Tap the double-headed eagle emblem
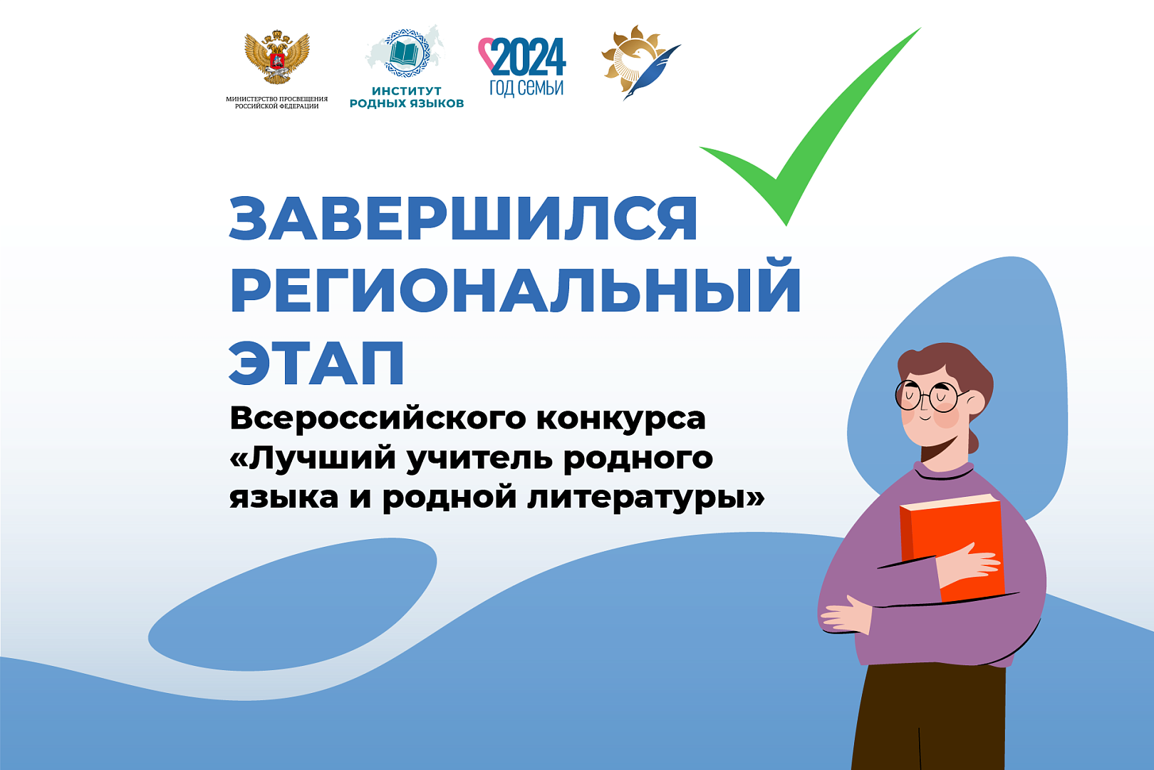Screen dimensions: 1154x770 click(277, 57)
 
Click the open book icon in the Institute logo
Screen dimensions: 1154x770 click(405, 53)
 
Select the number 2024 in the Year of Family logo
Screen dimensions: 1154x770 click(528, 57)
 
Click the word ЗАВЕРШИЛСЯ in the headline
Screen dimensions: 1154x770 click(463, 218)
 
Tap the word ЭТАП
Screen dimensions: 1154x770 click(317, 362)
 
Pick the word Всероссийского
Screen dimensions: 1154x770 click(378, 419)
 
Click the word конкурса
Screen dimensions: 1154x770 click(620, 419)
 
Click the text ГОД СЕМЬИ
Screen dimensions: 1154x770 click(526, 88)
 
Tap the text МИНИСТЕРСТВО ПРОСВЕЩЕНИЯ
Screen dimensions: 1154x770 click(276, 98)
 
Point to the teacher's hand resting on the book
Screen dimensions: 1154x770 click(966, 565)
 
